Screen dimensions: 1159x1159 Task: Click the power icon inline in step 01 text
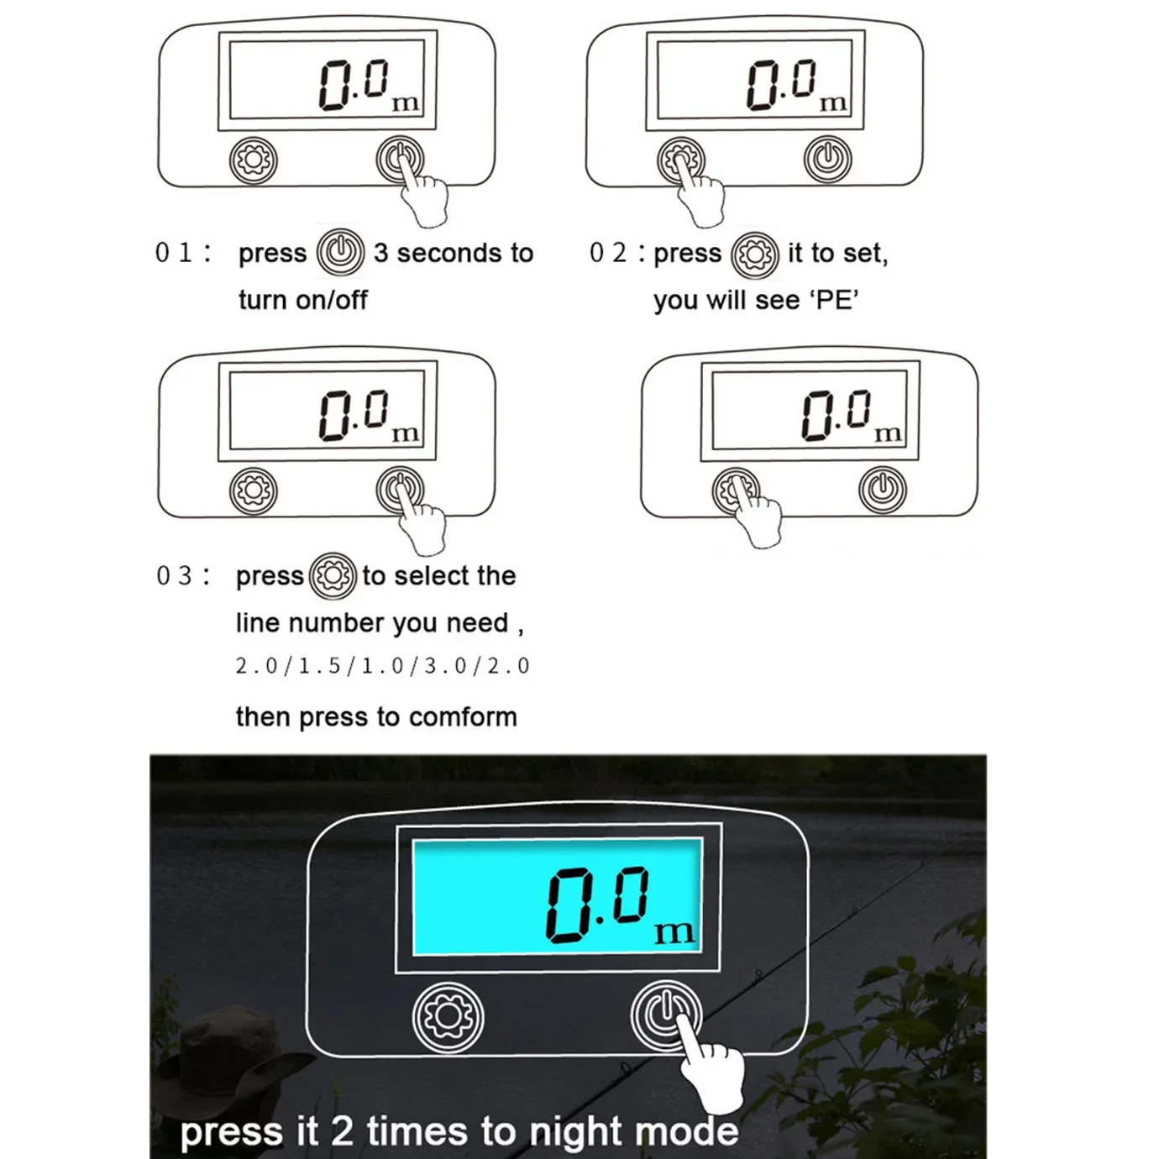tap(340, 253)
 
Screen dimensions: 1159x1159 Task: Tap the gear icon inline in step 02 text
tap(755, 255)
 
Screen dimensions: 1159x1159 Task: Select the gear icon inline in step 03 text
tap(333, 576)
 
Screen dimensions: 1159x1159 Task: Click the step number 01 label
tap(174, 253)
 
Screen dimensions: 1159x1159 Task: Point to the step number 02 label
tap(608, 253)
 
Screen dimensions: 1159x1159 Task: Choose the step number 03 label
tap(174, 576)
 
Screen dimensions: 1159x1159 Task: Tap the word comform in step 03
tap(463, 717)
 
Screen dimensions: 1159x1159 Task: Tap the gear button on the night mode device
tap(448, 1016)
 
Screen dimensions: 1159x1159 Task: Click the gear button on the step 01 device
tap(254, 160)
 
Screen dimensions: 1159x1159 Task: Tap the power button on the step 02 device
tap(828, 160)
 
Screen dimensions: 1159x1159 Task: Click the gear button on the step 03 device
tap(254, 490)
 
